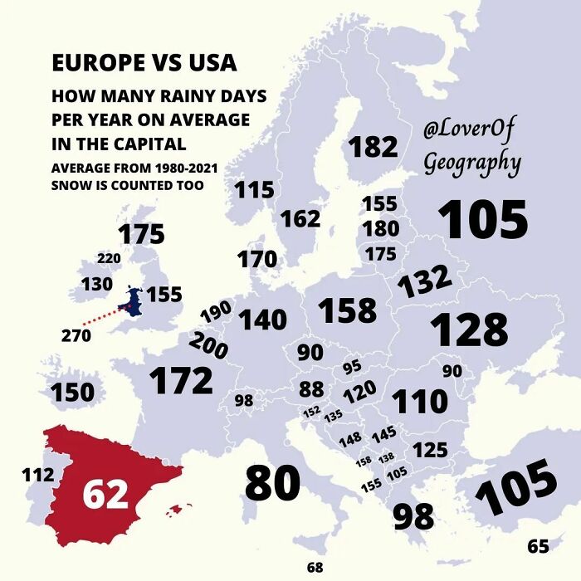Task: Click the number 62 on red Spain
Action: coord(105,494)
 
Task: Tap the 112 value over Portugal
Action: coord(37,476)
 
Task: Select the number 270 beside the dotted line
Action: coord(76,335)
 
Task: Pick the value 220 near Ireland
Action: coord(109,258)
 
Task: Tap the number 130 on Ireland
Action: coord(96,285)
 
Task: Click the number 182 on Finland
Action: coord(373,147)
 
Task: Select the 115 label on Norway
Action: coord(253,190)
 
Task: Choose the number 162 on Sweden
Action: coord(300,218)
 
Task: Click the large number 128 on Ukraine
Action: coord(469,330)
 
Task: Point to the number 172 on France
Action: coord(181,381)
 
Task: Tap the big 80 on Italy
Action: coord(272,484)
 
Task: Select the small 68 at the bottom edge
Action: coord(315,568)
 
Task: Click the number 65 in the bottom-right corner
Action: coord(538,546)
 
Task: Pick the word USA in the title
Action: coord(207,63)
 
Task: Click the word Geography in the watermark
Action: coord(472,163)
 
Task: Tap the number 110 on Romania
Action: coord(420,402)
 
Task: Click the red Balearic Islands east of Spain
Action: coord(180,508)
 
